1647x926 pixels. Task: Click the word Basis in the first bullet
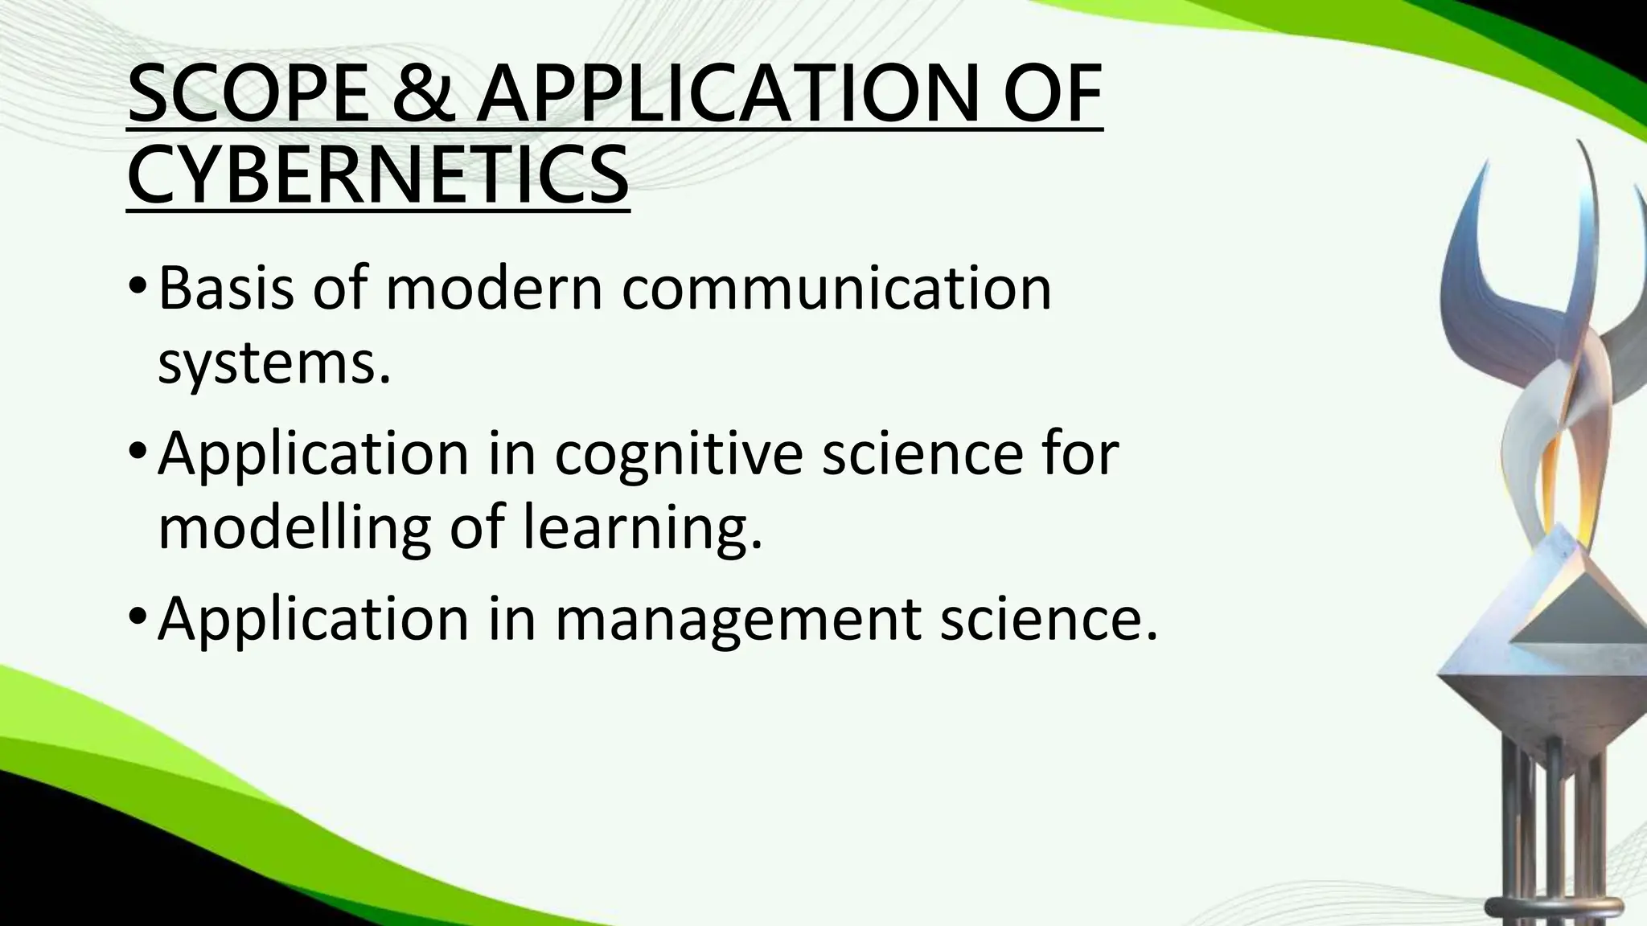pos(226,289)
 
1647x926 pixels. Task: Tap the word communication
pos(836,289)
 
